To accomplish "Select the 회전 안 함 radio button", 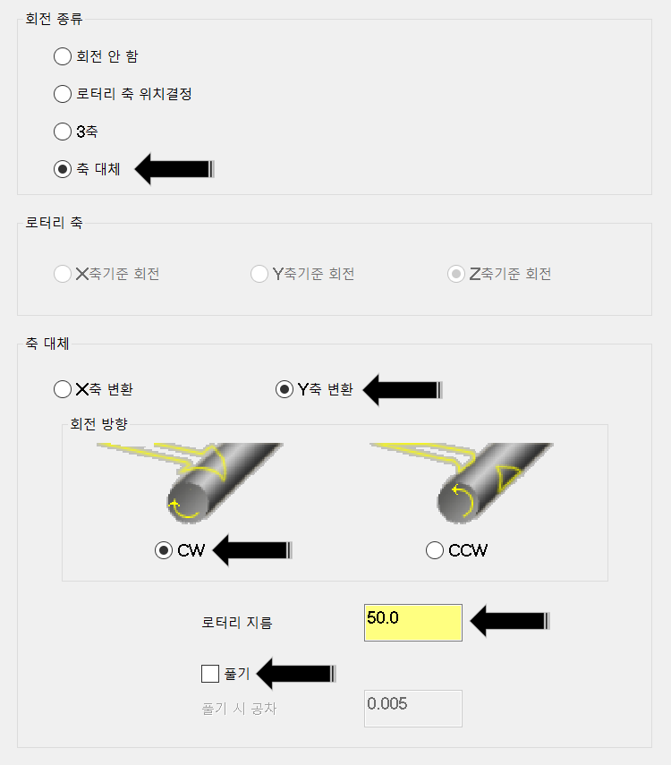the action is click(63, 56).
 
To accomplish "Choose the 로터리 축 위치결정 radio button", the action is click(63, 94).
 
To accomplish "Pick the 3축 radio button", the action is click(63, 132).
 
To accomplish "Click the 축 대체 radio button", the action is click(63, 169).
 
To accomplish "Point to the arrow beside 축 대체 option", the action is click(174, 169).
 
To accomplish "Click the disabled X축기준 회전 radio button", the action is click(63, 274).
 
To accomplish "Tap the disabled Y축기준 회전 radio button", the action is click(259, 274).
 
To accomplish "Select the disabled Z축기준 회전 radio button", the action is click(456, 274).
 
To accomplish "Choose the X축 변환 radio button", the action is click(63, 389).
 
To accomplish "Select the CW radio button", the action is click(164, 551).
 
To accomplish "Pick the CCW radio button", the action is click(435, 551).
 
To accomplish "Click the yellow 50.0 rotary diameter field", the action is click(412, 623).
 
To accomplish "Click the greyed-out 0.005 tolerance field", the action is click(412, 708).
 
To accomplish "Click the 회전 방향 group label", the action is click(98, 424).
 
